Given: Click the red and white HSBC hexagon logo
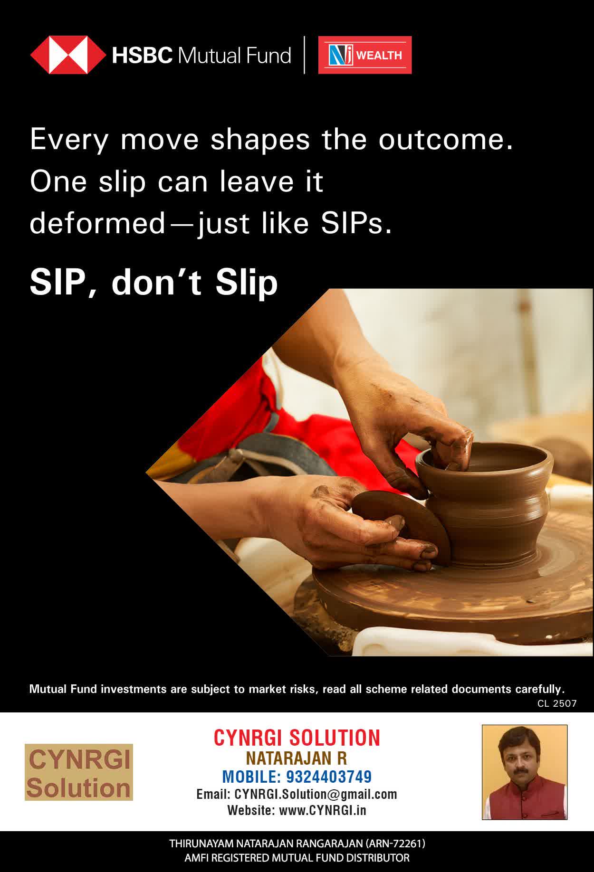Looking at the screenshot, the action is [x=68, y=55].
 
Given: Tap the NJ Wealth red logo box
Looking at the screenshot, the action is [x=365, y=55].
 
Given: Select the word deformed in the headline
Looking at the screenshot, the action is [x=97, y=223].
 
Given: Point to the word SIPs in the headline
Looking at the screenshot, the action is [x=356, y=223].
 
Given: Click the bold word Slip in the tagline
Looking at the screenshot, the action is [x=247, y=284].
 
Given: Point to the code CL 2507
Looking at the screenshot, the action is [x=557, y=703].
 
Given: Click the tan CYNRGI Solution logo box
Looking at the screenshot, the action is [x=79, y=772].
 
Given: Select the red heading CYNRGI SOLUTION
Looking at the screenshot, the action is [x=297, y=738].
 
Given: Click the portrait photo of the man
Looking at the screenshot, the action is [x=525, y=772].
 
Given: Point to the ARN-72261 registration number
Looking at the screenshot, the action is [x=395, y=844].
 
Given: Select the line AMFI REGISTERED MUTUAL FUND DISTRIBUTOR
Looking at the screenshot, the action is [x=297, y=858].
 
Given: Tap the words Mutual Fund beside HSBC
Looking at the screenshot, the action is [x=234, y=56].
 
